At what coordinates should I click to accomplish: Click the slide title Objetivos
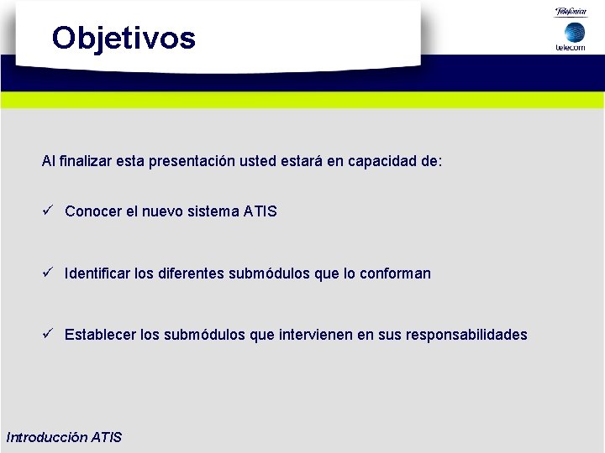pos(124,38)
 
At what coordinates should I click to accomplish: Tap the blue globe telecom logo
pos(574,32)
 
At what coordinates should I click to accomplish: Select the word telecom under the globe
pos(571,48)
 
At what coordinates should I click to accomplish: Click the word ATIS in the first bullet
pos(260,211)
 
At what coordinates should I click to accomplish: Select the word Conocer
pos(93,211)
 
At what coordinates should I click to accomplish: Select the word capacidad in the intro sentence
pos(386,160)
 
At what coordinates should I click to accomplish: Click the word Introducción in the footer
pos(45,437)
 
